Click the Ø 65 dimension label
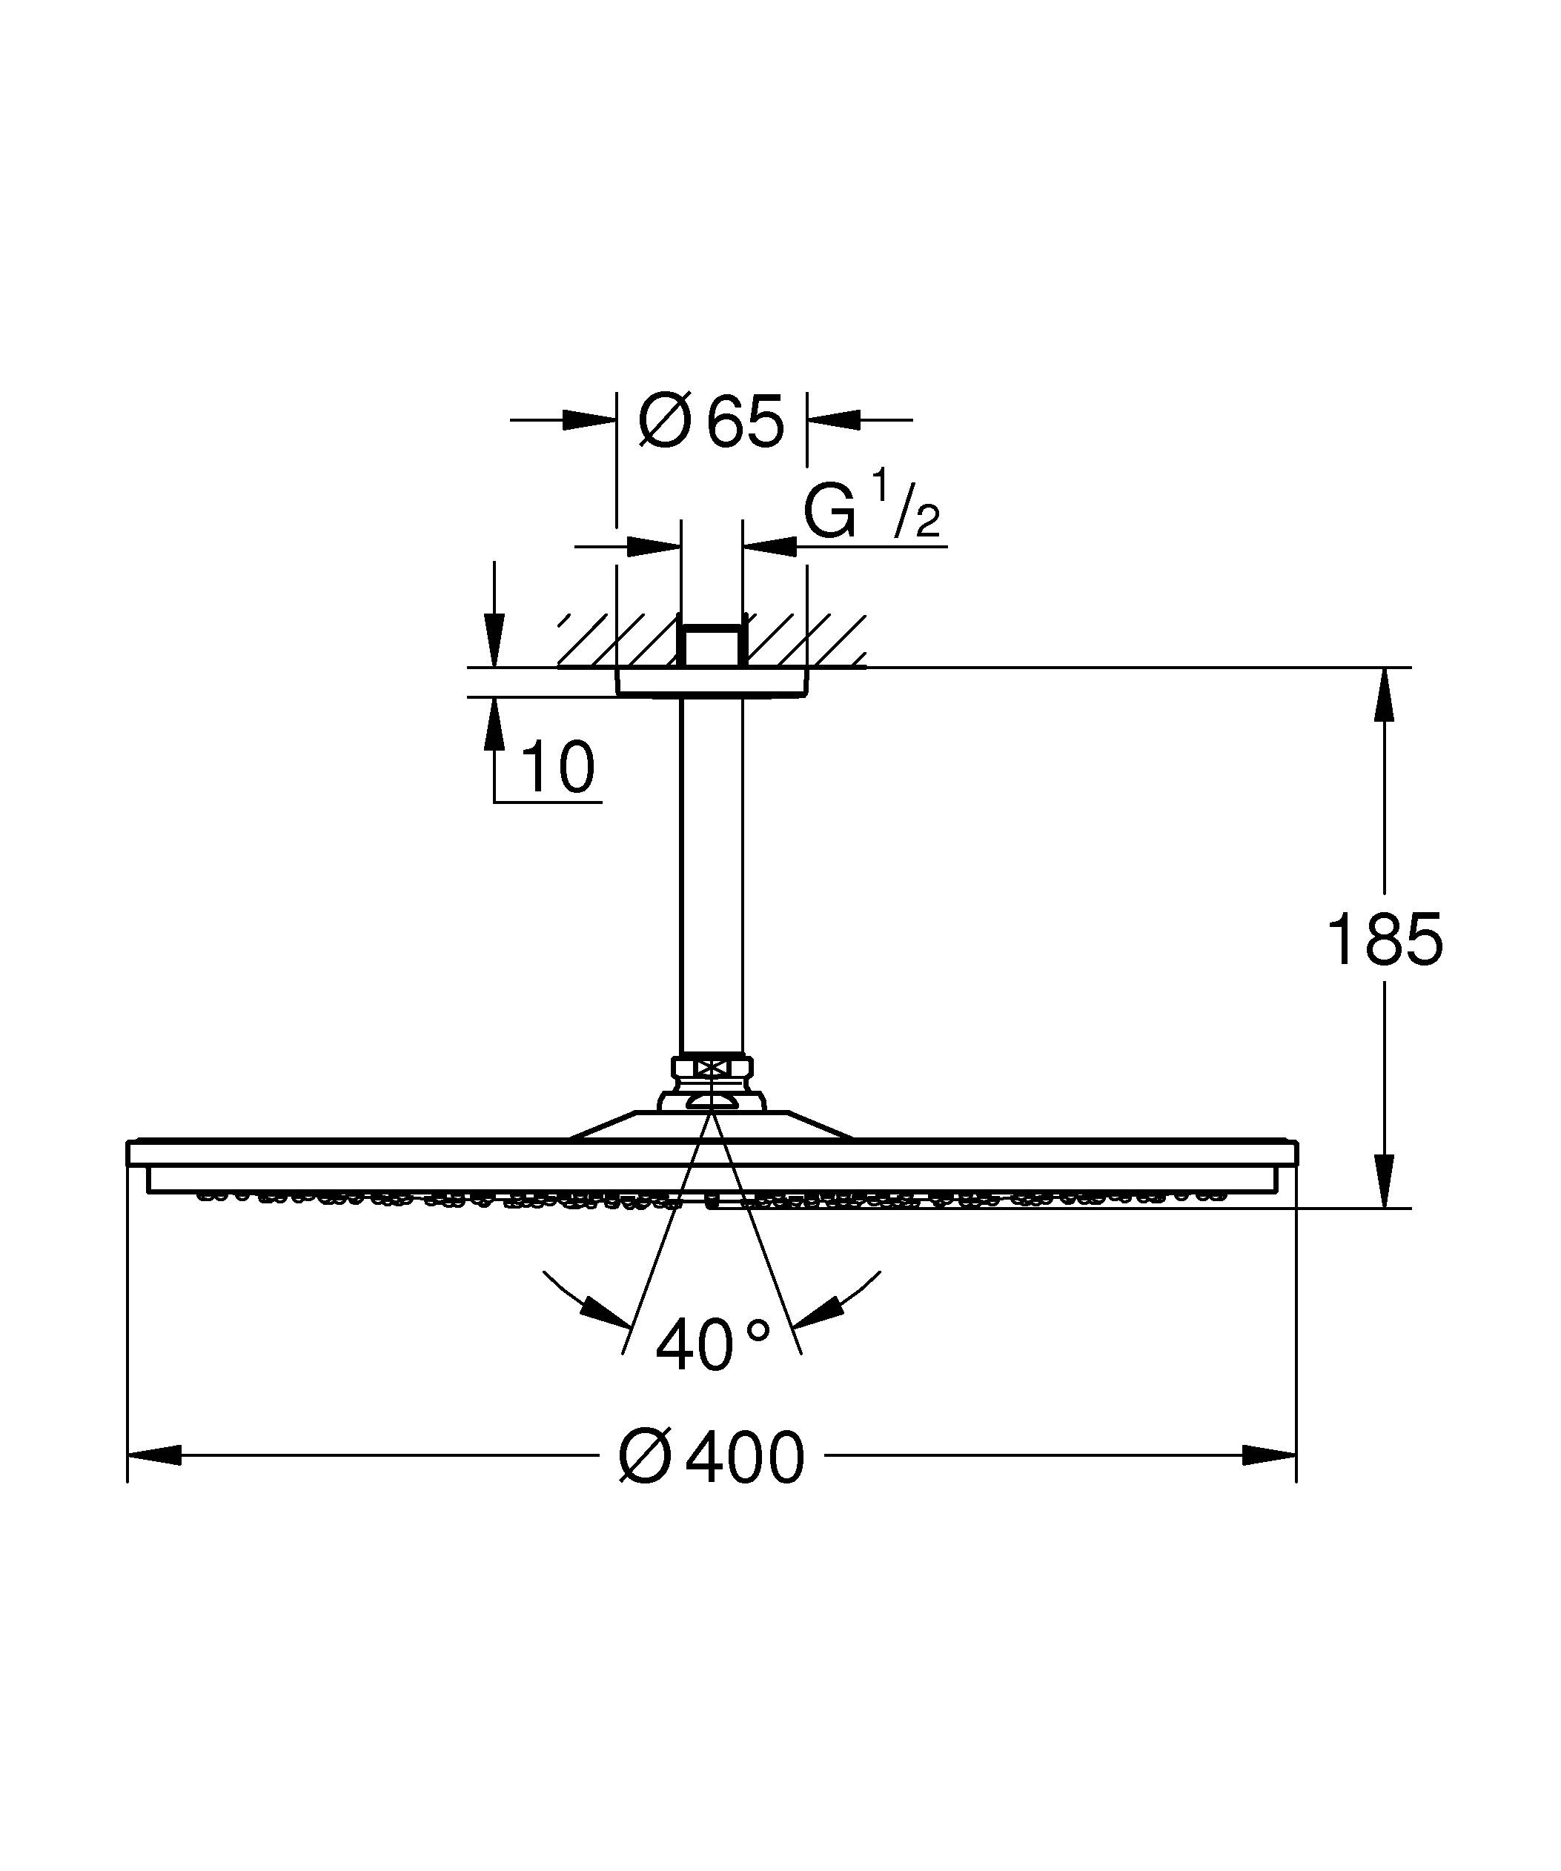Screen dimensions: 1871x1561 [x=711, y=421]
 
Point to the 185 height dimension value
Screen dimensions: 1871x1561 [x=1384, y=940]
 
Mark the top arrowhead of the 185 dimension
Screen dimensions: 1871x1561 [x=1384, y=694]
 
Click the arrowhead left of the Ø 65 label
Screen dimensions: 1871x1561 [x=589, y=419]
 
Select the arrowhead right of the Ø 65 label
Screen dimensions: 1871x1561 [x=834, y=419]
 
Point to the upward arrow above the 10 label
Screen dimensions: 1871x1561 [x=494, y=722]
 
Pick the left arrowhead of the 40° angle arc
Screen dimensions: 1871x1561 [x=606, y=1312]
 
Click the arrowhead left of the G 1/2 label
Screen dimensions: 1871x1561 [x=653, y=545]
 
